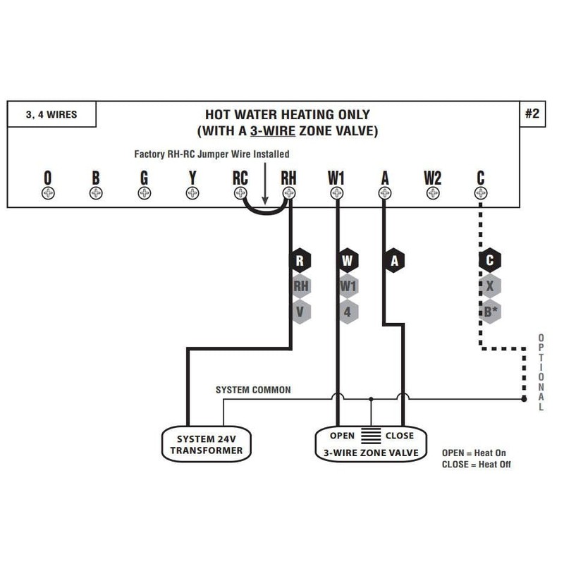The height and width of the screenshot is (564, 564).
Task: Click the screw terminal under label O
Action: click(x=48, y=192)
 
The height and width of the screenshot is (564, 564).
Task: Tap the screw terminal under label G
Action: click(x=144, y=192)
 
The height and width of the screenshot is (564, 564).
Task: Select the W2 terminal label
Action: click(x=432, y=178)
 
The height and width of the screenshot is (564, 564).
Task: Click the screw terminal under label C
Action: click(x=480, y=192)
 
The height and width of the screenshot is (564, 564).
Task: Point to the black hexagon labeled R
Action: click(x=300, y=261)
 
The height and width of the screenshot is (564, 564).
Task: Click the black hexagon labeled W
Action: click(x=348, y=261)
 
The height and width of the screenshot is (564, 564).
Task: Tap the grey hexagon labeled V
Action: click(x=300, y=311)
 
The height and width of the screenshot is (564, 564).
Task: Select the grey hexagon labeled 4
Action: click(x=348, y=311)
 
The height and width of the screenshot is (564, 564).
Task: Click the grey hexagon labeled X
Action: click(x=489, y=286)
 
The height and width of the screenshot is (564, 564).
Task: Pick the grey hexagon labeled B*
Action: click(x=489, y=311)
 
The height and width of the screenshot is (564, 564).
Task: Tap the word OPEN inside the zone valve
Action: click(x=342, y=436)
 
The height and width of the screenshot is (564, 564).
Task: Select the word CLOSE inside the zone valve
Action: click(x=400, y=436)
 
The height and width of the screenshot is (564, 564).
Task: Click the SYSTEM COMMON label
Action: click(x=253, y=390)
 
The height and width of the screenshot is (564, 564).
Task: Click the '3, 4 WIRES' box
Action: click(x=51, y=114)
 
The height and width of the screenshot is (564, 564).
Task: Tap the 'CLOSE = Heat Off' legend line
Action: click(x=477, y=465)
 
